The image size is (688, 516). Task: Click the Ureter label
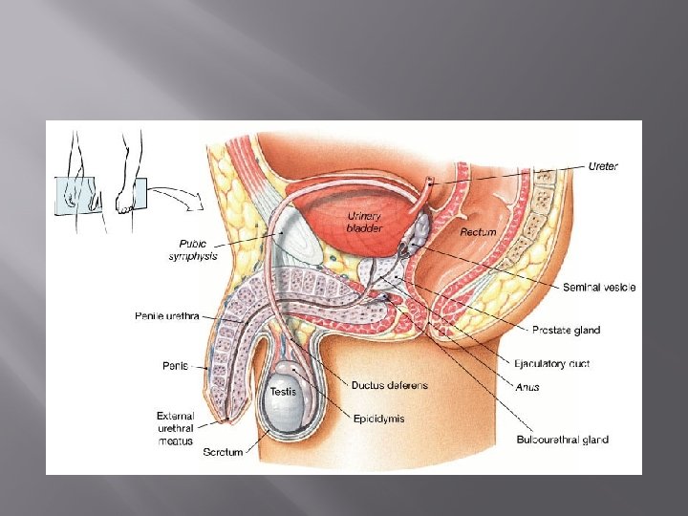602,166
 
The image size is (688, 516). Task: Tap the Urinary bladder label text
364,223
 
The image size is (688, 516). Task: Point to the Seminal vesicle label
600,287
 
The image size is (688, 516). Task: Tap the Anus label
528,387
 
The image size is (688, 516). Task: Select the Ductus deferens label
390,385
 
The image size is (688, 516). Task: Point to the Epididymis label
379,418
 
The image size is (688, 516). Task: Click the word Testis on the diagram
283,392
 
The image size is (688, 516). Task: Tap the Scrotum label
223,453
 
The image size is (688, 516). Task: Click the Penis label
175,365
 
